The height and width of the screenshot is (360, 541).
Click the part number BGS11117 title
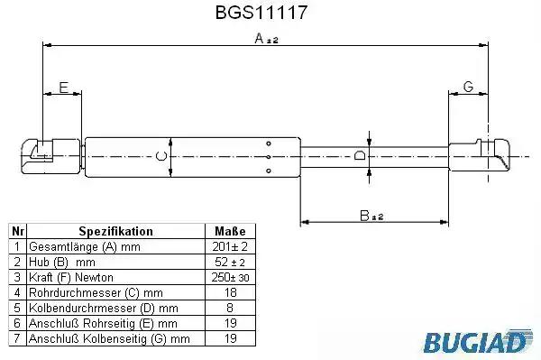pyautogui.click(x=261, y=13)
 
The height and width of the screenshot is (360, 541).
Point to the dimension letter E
pyautogui.click(x=64, y=88)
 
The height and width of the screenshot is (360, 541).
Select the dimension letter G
pyautogui.click(x=468, y=87)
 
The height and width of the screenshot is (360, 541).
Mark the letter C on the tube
pyautogui.click(x=161, y=156)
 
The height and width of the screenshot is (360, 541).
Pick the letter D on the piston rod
pyautogui.click(x=360, y=155)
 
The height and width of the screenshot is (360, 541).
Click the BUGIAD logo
pyautogui.click(x=478, y=341)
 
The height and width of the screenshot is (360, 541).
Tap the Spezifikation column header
pyautogui.click(x=116, y=231)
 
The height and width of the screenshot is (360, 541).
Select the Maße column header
pyautogui.click(x=230, y=231)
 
